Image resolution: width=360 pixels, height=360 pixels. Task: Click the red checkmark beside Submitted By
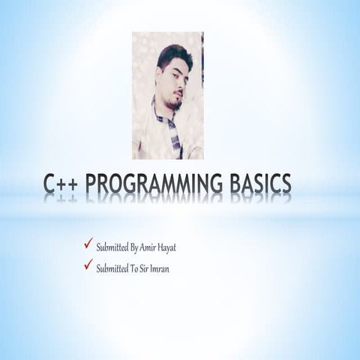(88, 244)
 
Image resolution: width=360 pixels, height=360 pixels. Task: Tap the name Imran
(158, 268)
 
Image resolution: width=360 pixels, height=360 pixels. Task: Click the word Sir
(140, 268)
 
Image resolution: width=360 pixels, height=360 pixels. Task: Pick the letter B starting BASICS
(236, 184)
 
